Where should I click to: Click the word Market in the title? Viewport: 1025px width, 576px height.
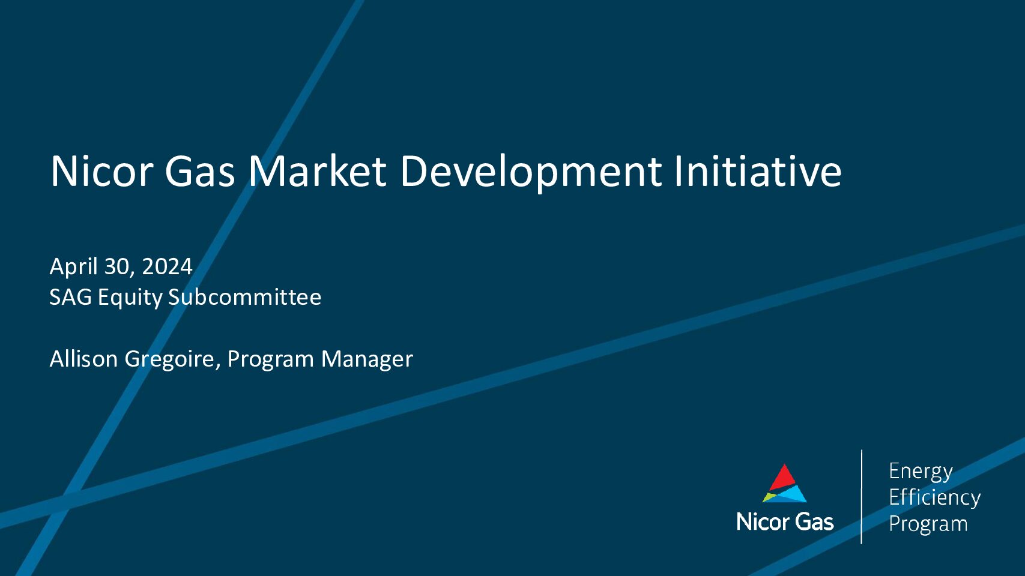tap(317, 171)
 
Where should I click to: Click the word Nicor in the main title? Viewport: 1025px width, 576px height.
tap(101, 171)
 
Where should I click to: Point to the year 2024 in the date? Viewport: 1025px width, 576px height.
tap(167, 266)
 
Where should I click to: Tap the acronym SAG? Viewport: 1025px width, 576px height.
tap(70, 297)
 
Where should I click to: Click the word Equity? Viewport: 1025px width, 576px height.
tap(130, 298)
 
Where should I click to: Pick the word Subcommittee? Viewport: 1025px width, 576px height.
tap(245, 297)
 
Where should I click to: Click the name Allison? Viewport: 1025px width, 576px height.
tap(83, 359)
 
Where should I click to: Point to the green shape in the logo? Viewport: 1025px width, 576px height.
tap(769, 497)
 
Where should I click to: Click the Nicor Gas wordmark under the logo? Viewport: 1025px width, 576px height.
tap(785, 521)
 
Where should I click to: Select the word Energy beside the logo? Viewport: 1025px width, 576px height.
tap(921, 472)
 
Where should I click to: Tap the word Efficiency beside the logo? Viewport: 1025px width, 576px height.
tap(934, 497)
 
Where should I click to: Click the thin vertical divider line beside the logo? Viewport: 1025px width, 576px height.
tap(862, 497)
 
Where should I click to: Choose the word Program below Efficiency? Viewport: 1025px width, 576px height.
tap(928, 524)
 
